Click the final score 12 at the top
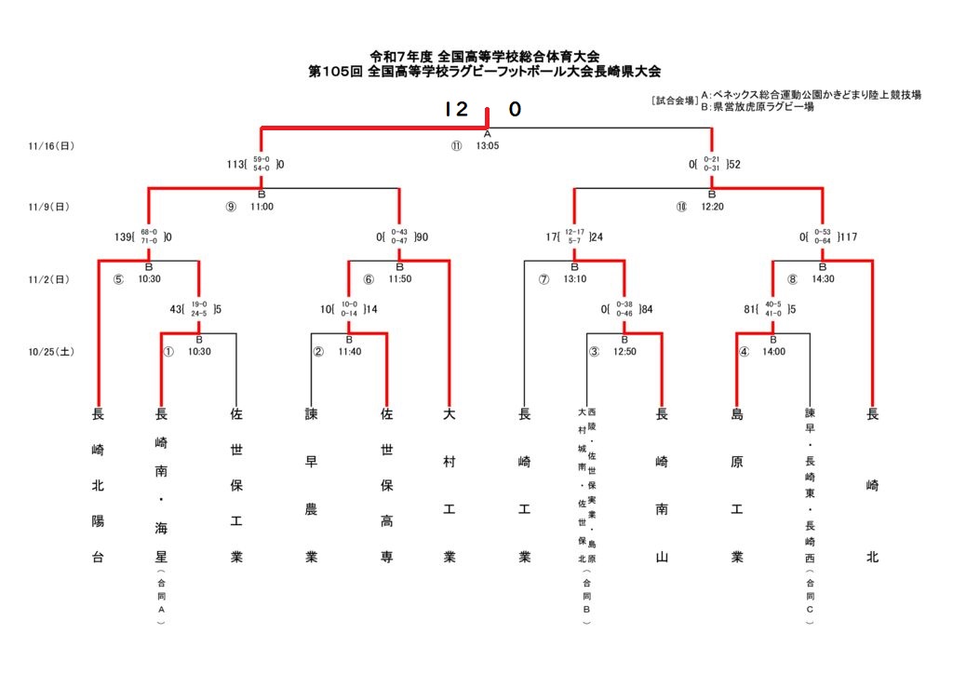[456, 110]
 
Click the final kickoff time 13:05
[488, 145]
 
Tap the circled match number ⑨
[231, 207]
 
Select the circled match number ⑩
[682, 207]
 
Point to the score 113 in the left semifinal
[237, 165]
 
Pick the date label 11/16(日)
[51, 145]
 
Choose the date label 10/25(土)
[51, 352]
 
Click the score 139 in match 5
[122, 236]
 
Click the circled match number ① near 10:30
[168, 352]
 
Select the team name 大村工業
[450, 485]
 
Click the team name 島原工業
[737, 485]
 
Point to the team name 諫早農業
[312, 485]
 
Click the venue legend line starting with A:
[811, 95]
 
